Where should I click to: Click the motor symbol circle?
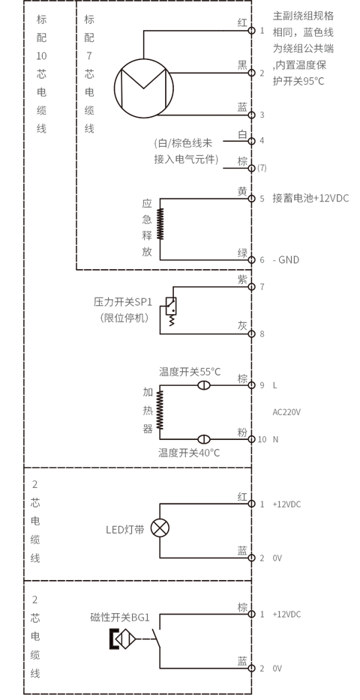tap(115, 88)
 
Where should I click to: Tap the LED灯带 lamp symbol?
tap(160, 528)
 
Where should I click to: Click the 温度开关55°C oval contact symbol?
tap(204, 385)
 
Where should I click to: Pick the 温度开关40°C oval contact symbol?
tap(204, 439)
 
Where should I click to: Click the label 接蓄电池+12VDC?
tap(310, 199)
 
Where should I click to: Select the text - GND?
tap(286, 260)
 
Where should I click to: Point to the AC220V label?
tap(286, 412)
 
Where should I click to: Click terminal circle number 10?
tap(251, 439)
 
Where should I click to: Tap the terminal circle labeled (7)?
tap(251, 168)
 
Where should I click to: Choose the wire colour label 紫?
tap(242, 280)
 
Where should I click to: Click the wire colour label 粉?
tap(242, 432)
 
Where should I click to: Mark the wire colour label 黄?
tap(242, 192)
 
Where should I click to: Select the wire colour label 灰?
tap(242, 326)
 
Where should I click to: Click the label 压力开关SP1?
tap(123, 302)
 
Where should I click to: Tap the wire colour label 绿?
tap(242, 253)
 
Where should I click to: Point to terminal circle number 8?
tap(251, 334)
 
